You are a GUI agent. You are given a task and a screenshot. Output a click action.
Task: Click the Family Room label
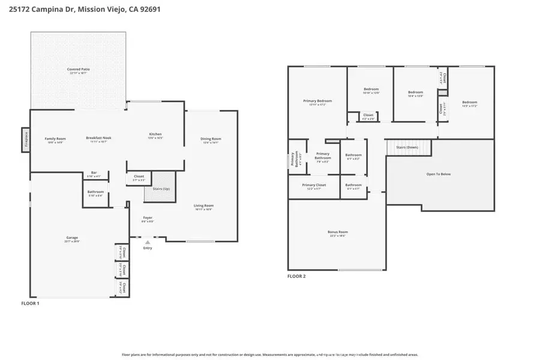click(55, 139)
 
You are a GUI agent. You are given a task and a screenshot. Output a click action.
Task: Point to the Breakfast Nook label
click(98, 138)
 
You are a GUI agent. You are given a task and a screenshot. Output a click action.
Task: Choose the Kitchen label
click(155, 134)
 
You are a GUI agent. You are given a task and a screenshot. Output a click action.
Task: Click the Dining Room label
click(211, 139)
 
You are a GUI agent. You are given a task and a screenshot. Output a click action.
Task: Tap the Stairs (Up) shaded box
click(160, 188)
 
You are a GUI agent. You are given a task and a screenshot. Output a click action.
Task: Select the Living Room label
click(204, 206)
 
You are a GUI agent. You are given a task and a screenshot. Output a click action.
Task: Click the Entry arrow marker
click(148, 242)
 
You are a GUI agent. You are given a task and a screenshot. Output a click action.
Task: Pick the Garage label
click(72, 238)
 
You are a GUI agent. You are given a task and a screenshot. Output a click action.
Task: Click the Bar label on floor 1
click(94, 173)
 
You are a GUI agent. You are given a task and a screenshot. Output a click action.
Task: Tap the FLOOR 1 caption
click(31, 304)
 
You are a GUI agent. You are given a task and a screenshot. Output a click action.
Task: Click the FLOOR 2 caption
click(296, 276)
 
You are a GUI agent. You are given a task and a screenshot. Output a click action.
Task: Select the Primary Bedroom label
click(317, 101)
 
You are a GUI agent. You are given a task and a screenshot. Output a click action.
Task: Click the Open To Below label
click(438, 174)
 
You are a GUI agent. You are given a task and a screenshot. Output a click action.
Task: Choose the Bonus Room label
click(338, 232)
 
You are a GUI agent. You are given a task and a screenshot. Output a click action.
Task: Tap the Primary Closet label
click(314, 185)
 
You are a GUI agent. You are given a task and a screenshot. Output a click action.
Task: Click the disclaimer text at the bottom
click(269, 355)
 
